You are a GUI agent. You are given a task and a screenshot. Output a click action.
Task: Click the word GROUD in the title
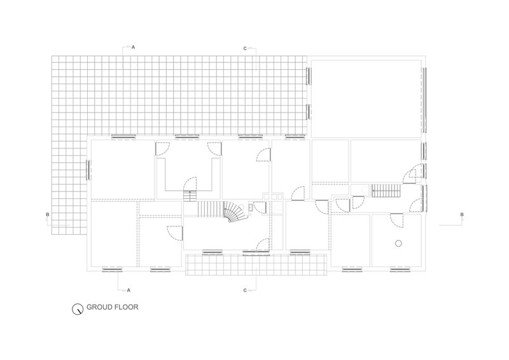click(97, 307)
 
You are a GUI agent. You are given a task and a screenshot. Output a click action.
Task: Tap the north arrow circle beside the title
click(78, 308)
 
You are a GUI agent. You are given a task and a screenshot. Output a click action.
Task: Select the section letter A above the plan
click(133, 48)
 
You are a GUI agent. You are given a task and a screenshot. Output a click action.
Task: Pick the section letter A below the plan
click(129, 290)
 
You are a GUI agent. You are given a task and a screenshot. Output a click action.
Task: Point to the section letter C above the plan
click(245, 49)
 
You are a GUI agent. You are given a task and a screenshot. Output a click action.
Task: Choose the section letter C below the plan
click(245, 290)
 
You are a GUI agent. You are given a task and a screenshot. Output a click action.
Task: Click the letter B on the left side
click(48, 214)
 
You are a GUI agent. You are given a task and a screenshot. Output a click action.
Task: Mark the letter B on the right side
click(462, 214)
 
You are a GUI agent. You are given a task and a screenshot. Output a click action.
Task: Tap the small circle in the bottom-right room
click(399, 243)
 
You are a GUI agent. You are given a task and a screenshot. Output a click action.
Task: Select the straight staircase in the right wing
click(386, 190)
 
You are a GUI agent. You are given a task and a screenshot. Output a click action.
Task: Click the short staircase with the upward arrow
click(190, 196)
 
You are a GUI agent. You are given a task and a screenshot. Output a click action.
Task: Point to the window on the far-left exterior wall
click(88, 169)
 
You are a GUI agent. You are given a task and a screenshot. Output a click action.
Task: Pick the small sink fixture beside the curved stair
click(251, 207)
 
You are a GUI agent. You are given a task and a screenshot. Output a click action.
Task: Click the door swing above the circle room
click(396, 221)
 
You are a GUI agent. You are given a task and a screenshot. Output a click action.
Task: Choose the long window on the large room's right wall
click(424, 100)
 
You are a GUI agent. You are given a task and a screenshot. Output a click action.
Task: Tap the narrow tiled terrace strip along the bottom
click(256, 265)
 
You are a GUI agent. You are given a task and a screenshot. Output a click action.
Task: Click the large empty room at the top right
click(366, 99)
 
